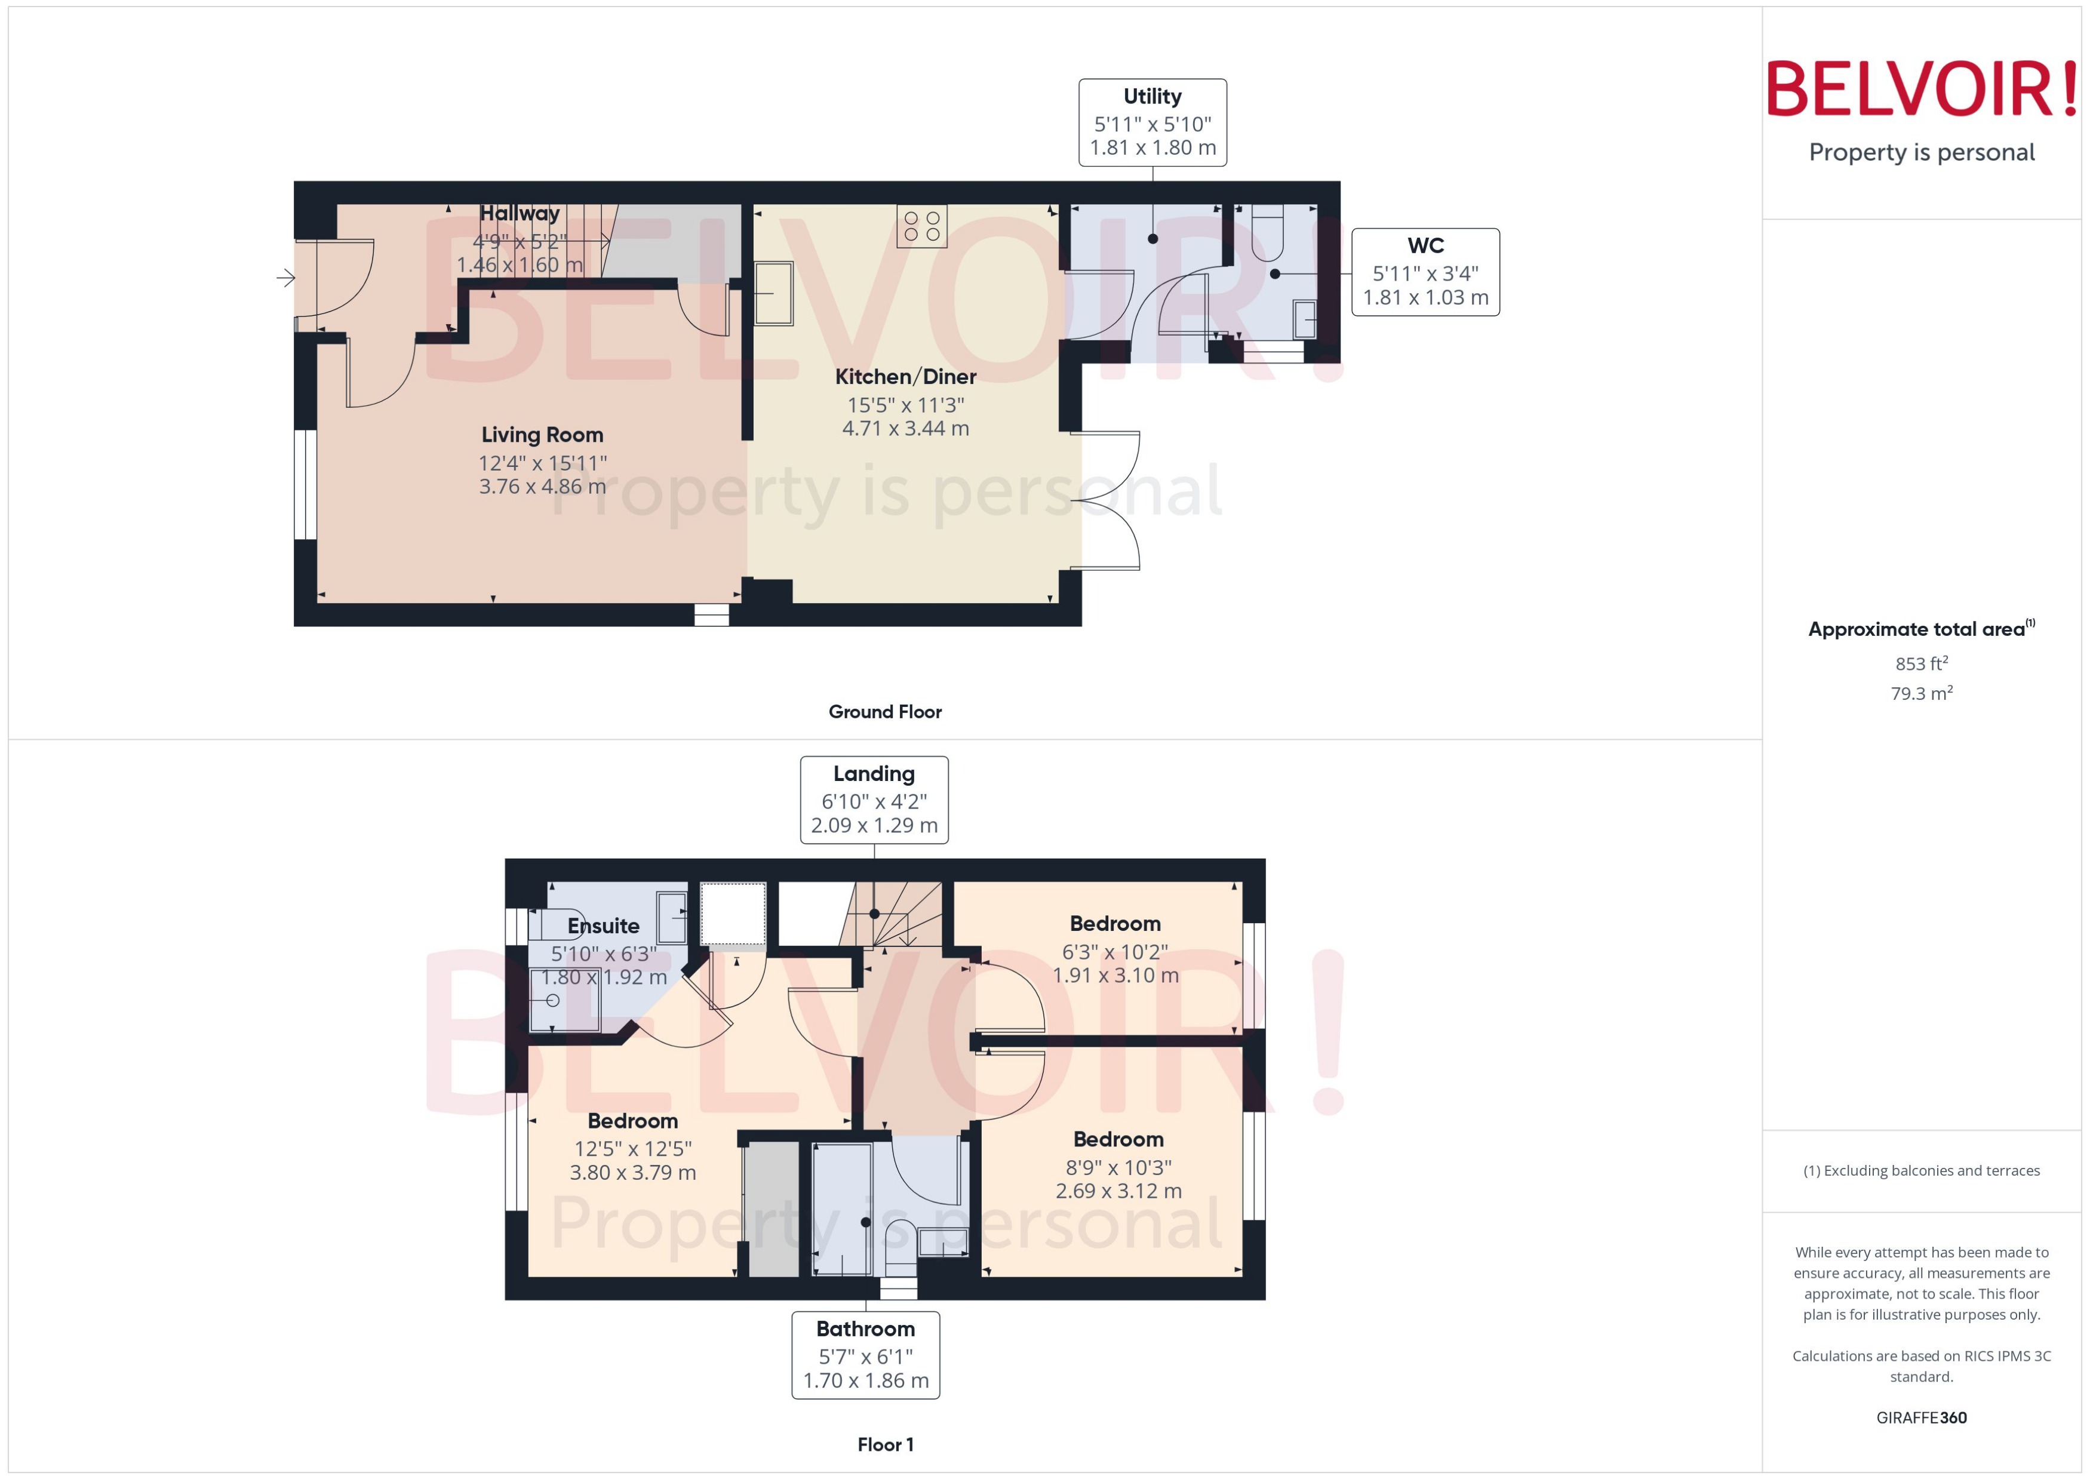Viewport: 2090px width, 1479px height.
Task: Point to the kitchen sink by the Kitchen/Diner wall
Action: pyautogui.click(x=773, y=293)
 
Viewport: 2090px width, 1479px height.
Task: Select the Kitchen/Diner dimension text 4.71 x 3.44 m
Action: pyautogui.click(x=905, y=429)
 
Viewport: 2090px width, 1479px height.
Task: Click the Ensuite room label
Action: pyautogui.click(x=603, y=926)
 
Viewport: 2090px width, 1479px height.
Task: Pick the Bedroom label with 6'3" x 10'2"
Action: pyautogui.click(x=1115, y=924)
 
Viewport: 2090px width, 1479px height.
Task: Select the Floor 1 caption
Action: pyautogui.click(x=884, y=1444)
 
